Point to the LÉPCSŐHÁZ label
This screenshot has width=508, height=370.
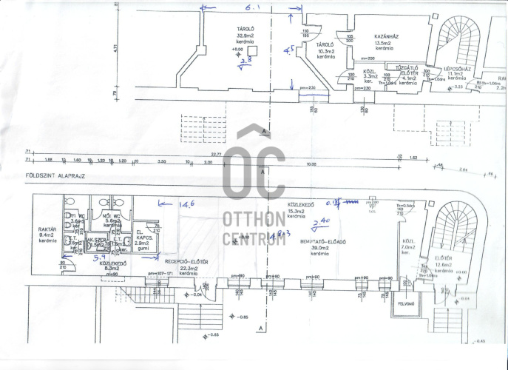[457, 69]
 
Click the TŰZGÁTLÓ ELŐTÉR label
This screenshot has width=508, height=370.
[408, 71]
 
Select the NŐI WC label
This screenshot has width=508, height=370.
[112, 216]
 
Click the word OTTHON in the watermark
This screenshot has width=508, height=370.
[254, 219]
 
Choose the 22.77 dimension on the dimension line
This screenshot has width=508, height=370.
[216, 155]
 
